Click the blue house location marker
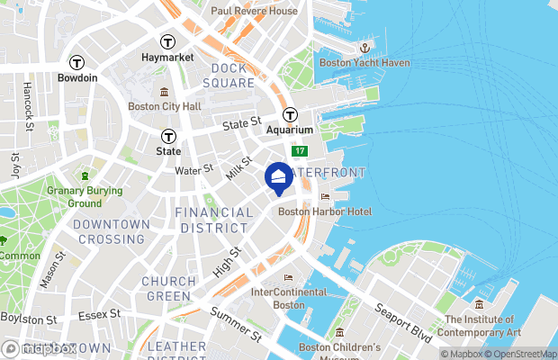coord(279,176)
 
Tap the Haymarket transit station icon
coord(167,41)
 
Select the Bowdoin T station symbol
coord(77,62)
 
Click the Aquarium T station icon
coord(290,114)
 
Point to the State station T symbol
coord(167,136)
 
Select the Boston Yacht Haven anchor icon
coord(365,47)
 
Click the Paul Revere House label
coord(254,11)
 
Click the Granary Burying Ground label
coord(85,196)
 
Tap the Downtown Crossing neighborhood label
coord(112,231)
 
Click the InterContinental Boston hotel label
coord(290,299)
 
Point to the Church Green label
coord(168,289)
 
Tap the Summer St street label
coord(234,324)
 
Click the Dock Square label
coord(233,76)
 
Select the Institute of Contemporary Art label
coord(482,326)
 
